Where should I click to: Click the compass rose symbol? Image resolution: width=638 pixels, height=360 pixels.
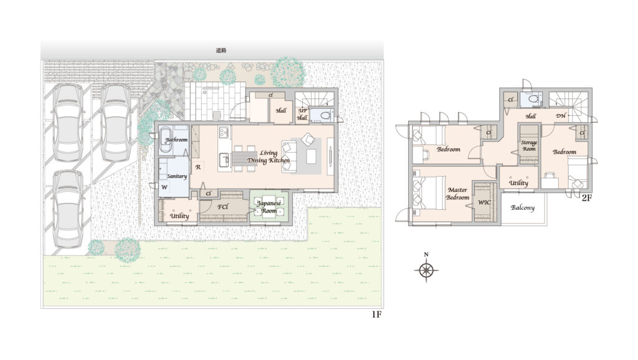(x=426, y=270)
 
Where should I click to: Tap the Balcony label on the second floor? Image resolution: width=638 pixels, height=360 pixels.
(x=523, y=207)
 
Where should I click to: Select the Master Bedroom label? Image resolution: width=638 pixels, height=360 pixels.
(x=457, y=194)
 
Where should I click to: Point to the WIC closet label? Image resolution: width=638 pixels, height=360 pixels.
(x=484, y=202)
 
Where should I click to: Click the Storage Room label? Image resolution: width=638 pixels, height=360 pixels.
(x=529, y=146)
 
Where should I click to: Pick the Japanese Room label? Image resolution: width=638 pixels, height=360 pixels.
(x=269, y=207)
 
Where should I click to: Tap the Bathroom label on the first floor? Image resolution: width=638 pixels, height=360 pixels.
(x=176, y=140)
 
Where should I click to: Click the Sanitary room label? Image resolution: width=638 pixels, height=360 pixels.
(x=177, y=176)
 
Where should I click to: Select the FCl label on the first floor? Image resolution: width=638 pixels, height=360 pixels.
(x=222, y=207)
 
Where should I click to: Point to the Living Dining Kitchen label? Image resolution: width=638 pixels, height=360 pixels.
(x=269, y=156)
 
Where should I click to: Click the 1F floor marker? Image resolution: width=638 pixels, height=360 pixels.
(x=376, y=315)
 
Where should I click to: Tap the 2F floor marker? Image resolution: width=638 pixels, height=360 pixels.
(x=586, y=198)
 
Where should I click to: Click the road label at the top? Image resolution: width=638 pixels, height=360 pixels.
(x=221, y=51)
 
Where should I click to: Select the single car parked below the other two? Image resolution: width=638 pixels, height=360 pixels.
(x=67, y=209)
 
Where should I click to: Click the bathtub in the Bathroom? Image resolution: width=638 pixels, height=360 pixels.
(x=165, y=140)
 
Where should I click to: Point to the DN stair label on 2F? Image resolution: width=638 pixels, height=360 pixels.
(x=561, y=115)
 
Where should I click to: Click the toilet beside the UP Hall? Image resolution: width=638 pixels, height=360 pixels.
(x=325, y=115)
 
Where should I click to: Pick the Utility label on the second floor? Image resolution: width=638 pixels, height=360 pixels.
(x=518, y=183)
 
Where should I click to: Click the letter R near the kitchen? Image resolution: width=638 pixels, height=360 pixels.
(x=198, y=167)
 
